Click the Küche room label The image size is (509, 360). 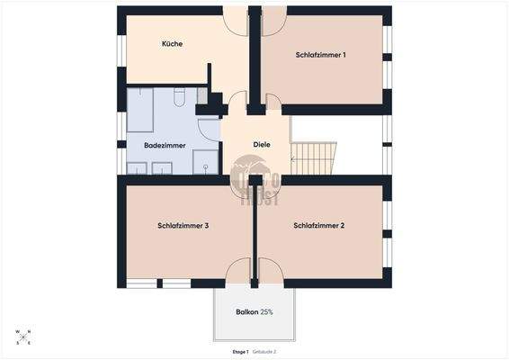pos(173,44)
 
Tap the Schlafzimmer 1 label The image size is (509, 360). pos(321,55)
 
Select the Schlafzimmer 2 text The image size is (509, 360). pos(319,226)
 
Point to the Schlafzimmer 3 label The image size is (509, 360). pos(183,226)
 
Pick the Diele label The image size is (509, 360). pos(262,144)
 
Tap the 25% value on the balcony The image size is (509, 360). pos(267,312)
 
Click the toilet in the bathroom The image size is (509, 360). pos(180,95)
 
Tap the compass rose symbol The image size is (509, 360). pos(22,337)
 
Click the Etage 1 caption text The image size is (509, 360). pos(240,351)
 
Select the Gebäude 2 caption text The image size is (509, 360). pos(264,351)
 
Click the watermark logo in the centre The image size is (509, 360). pos(254,177)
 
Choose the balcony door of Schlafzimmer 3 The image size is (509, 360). pos(238,272)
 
